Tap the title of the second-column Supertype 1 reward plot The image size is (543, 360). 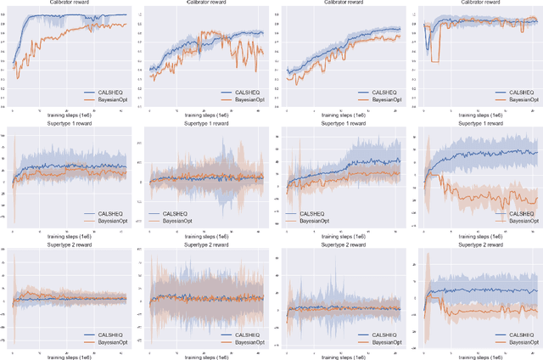click(x=206, y=127)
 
